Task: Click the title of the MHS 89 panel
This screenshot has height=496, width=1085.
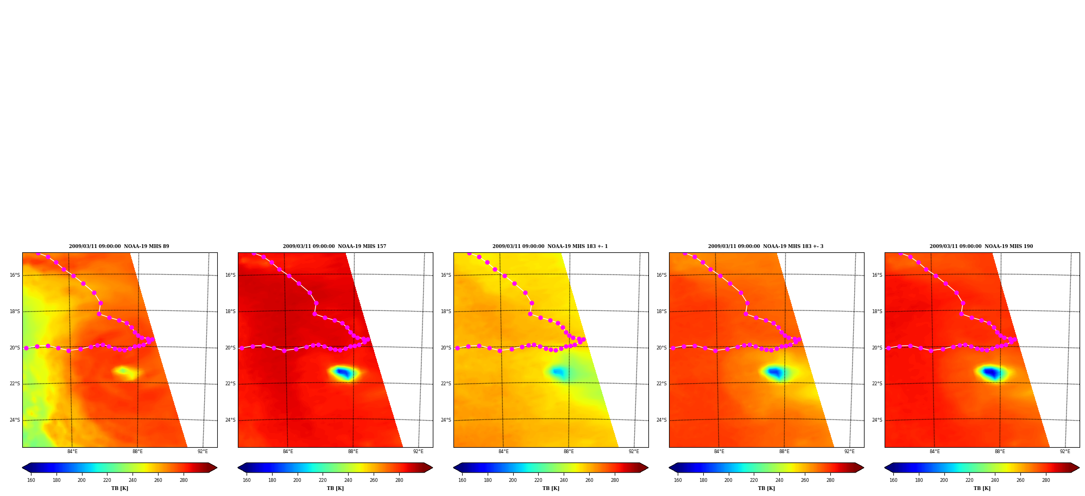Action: (x=119, y=246)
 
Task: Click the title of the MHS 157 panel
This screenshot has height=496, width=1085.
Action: (x=335, y=246)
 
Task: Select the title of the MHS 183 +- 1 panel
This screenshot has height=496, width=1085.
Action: (x=550, y=246)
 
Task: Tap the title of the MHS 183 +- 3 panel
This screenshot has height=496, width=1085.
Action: (x=766, y=246)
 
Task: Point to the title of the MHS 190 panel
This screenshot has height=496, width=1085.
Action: (x=981, y=246)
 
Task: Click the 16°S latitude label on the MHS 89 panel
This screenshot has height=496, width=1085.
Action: (x=15, y=275)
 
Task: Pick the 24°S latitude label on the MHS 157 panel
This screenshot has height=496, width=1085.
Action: (x=230, y=420)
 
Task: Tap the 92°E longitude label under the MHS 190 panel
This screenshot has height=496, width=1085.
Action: (x=1065, y=452)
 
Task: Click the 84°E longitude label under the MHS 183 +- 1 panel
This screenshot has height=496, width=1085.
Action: (x=503, y=452)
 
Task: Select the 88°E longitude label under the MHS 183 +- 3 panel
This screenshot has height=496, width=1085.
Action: (x=784, y=452)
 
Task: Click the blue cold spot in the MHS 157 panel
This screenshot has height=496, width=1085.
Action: (x=343, y=372)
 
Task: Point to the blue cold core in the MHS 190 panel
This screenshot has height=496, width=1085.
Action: (x=991, y=373)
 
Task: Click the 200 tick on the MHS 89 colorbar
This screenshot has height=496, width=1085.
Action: (x=81, y=480)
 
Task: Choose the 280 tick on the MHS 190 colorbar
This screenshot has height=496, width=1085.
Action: (x=1046, y=480)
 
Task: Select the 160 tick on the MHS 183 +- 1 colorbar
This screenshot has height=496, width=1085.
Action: (x=462, y=480)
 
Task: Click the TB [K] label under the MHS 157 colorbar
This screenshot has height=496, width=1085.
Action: (x=335, y=488)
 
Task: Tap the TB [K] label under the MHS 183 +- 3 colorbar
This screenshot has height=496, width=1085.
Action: (x=766, y=488)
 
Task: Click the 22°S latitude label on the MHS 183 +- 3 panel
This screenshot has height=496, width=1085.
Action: (x=661, y=384)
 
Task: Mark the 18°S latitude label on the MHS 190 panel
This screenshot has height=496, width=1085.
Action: (x=877, y=311)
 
